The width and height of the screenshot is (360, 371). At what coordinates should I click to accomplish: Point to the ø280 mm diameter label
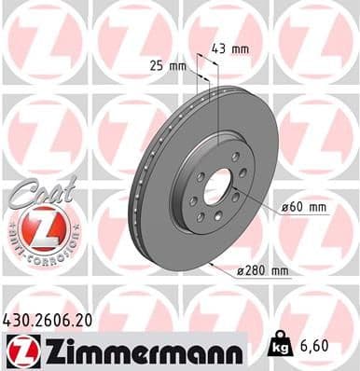(267, 270)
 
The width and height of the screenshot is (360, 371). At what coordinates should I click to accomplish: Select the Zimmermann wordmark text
(135, 350)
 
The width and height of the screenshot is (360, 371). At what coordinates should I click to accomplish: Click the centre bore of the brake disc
(217, 187)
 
